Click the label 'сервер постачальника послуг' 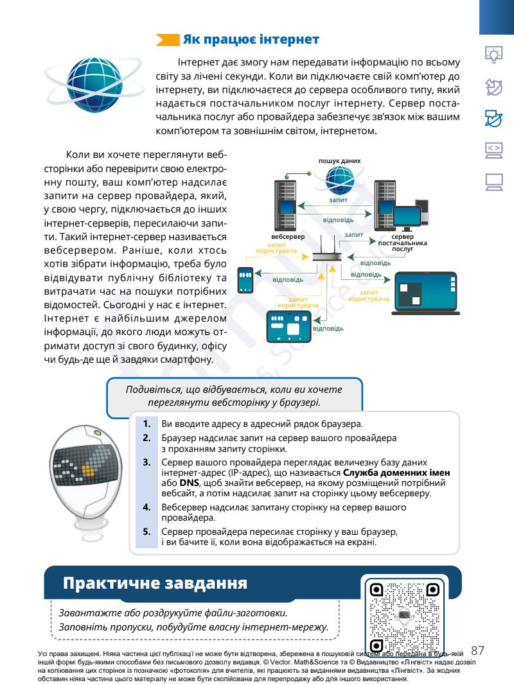tap(402, 243)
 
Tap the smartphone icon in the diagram tap(249, 279)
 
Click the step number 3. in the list tap(146, 462)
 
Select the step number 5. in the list tap(146, 533)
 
